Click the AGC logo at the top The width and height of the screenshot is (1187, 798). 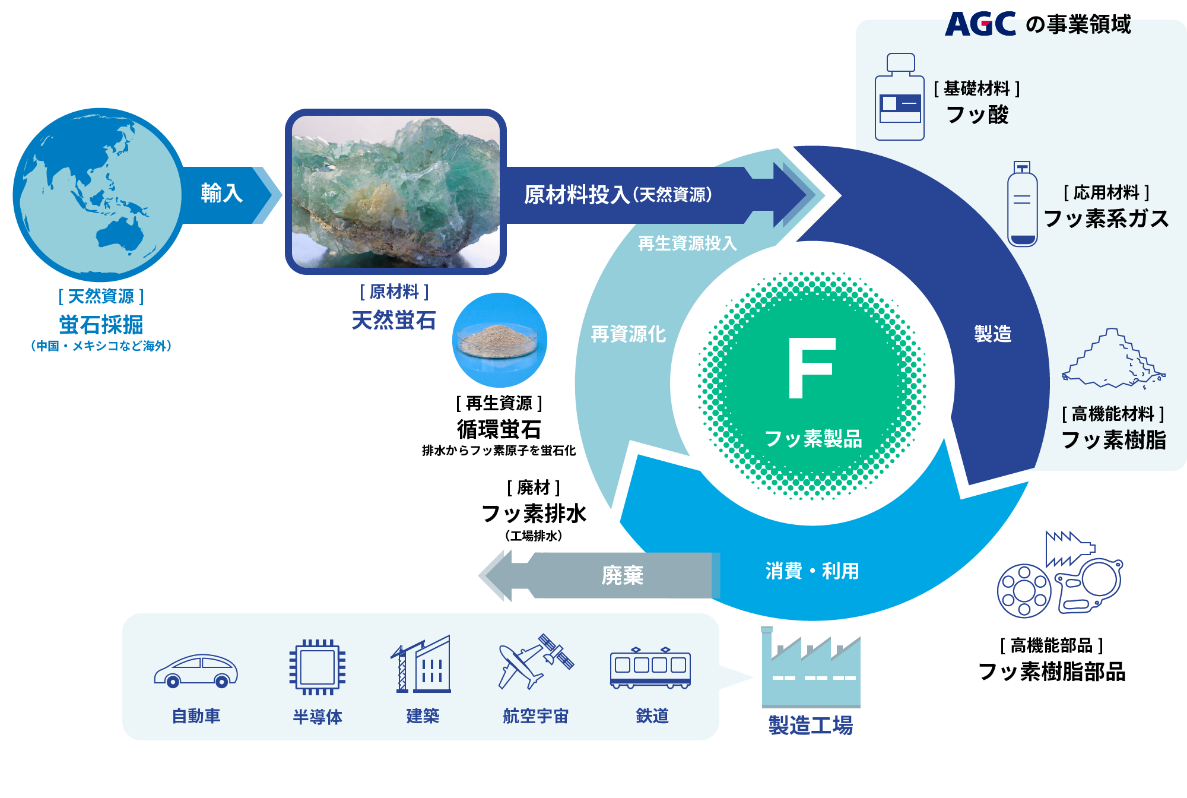(980, 24)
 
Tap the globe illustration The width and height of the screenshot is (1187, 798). (98, 195)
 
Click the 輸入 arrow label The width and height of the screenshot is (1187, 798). (221, 194)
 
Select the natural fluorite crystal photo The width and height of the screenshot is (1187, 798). (396, 191)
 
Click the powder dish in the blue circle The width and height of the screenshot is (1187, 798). (499, 340)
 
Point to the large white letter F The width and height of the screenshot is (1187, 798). (811, 368)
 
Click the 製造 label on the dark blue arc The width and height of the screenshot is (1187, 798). (992, 334)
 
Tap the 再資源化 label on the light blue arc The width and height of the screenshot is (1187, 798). (628, 334)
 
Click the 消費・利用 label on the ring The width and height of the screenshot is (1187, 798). (812, 571)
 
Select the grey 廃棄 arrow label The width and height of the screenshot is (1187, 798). (622, 575)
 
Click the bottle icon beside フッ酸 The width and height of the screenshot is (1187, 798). (899, 97)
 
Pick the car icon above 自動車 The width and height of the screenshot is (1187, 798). (196, 671)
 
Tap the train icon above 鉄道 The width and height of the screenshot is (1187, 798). (650, 667)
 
